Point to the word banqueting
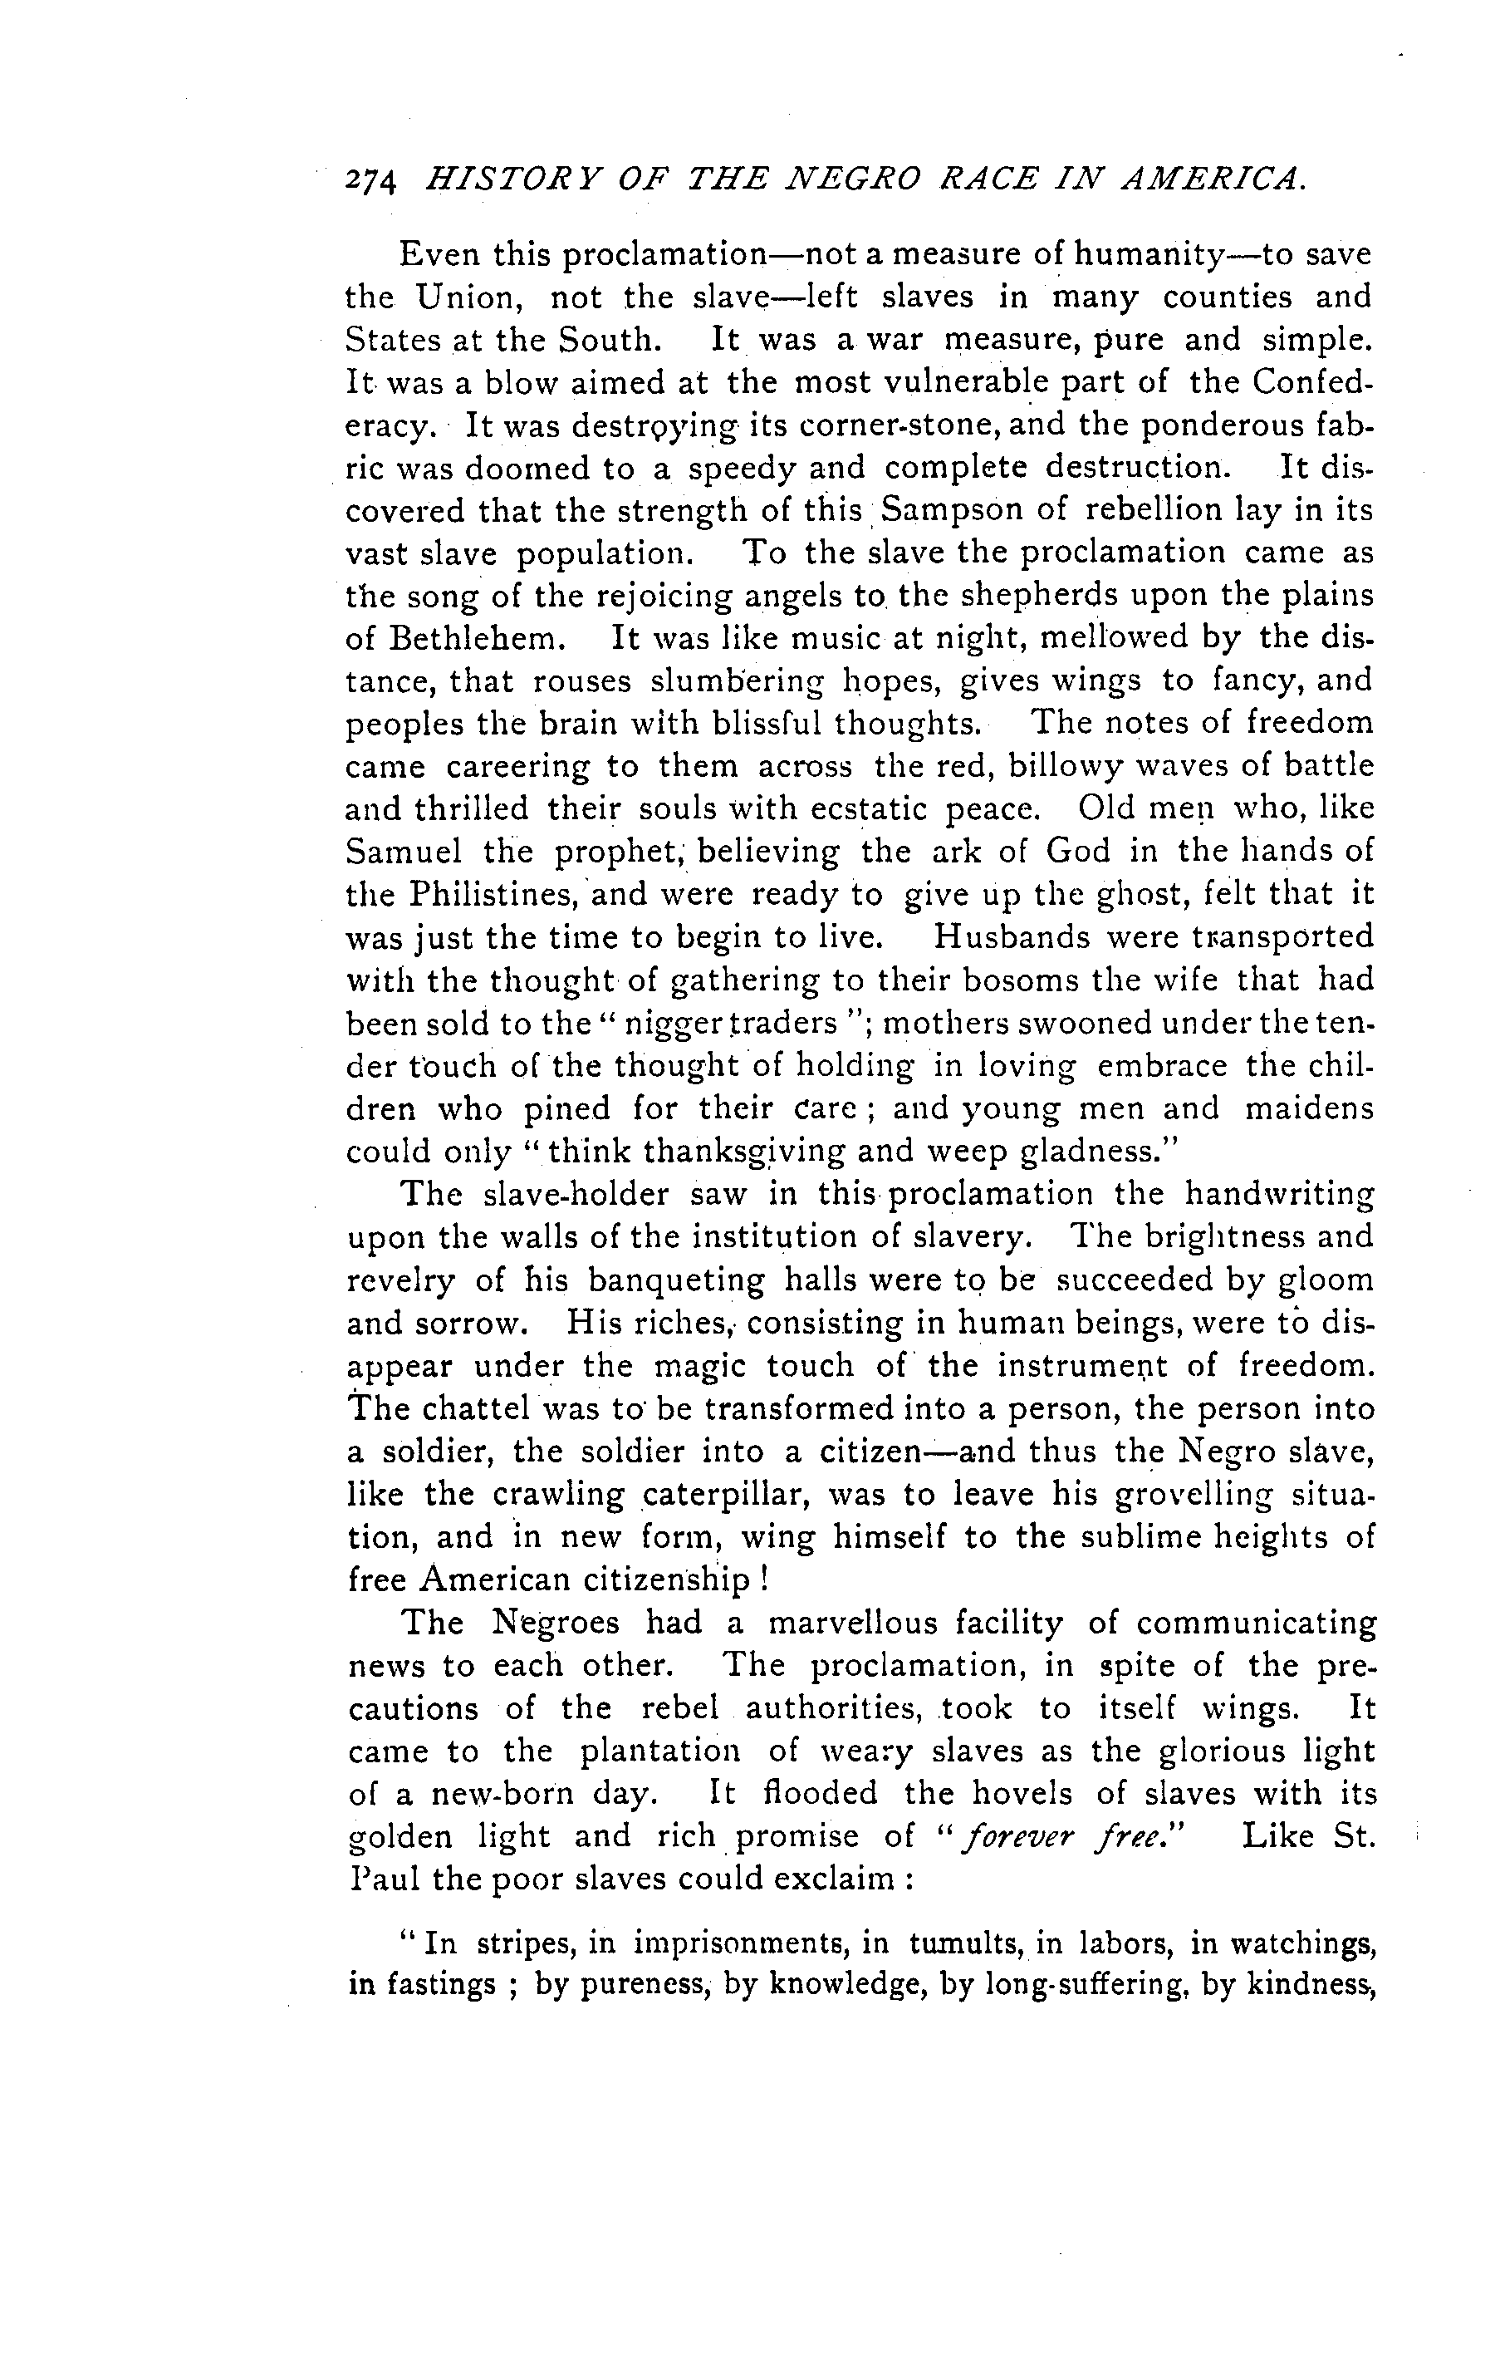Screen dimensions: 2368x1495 pos(675,1280)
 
